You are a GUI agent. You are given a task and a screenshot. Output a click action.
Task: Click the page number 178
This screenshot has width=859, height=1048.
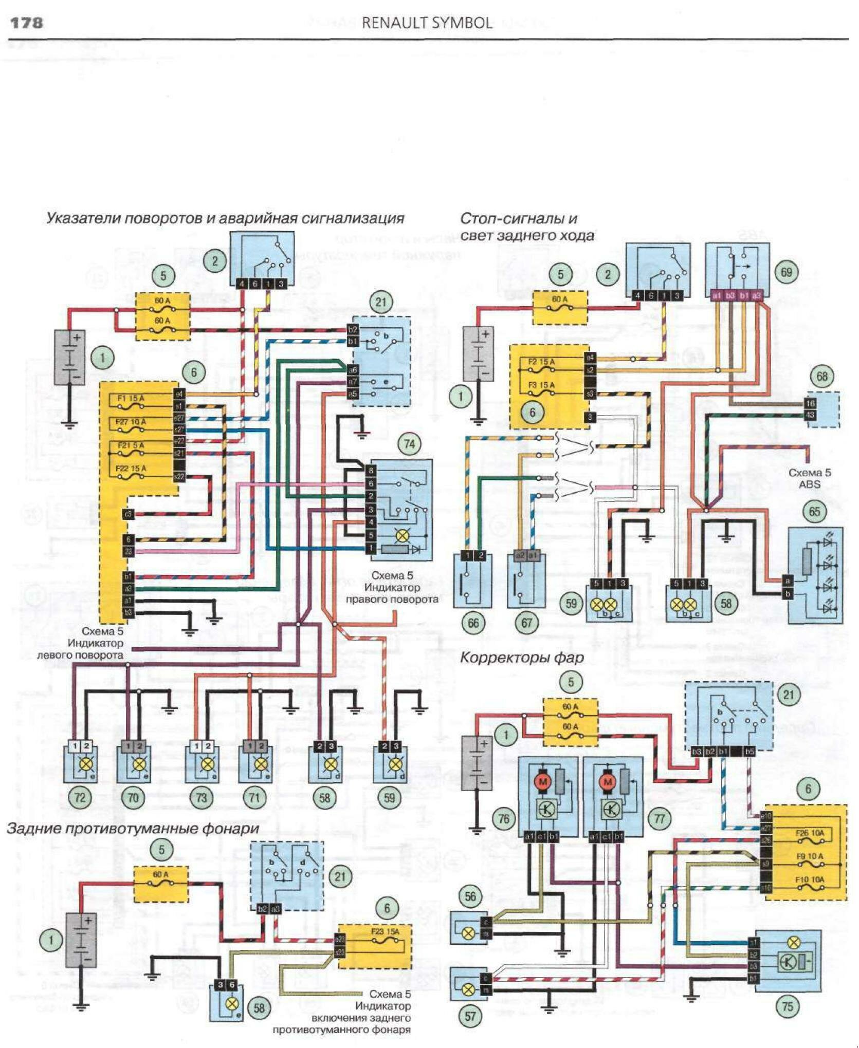(27, 23)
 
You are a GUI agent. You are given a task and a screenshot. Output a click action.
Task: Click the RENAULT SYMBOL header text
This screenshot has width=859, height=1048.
(427, 23)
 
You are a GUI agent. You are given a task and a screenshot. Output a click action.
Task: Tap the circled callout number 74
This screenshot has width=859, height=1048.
(409, 444)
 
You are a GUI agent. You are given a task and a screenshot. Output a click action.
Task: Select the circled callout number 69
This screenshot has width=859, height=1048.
(786, 272)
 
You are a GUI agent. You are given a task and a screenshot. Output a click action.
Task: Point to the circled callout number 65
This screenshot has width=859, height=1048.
(814, 511)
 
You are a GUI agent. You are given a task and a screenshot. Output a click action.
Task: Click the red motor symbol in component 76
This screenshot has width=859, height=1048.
(542, 782)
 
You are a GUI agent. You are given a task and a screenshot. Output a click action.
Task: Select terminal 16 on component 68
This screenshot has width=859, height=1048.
(811, 403)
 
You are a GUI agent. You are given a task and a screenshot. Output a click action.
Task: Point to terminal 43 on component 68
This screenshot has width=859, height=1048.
(811, 415)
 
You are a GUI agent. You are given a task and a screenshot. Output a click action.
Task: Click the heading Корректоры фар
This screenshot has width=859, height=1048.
(521, 658)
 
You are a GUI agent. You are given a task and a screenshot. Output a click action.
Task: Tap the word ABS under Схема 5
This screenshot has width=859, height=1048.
(809, 484)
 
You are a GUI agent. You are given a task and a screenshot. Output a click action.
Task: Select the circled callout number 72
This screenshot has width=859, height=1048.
(80, 798)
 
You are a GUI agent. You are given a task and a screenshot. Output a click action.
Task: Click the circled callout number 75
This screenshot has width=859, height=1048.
(788, 1006)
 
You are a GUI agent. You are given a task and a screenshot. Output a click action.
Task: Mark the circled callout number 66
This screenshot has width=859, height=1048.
(473, 623)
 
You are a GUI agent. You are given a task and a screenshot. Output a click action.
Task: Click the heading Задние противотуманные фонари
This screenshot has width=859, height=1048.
(133, 829)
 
